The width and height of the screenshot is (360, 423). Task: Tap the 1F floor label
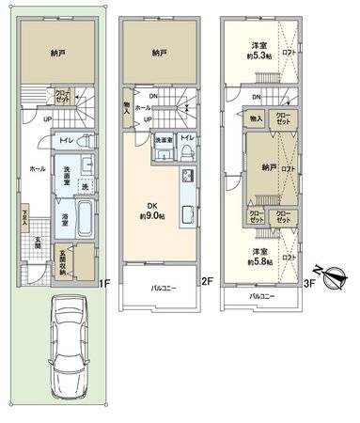(106, 280)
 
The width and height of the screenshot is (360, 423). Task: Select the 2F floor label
(207, 280)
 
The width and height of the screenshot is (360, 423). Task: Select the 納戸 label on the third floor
(270, 168)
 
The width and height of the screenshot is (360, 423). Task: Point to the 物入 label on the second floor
(127, 108)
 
